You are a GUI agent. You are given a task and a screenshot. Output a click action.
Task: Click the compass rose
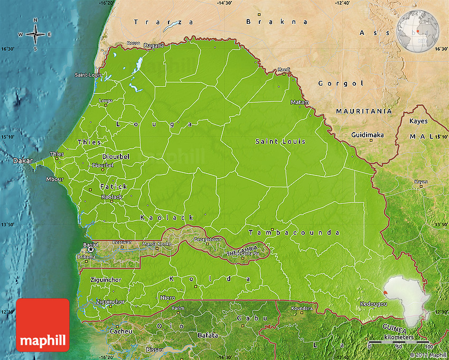tap(35, 34)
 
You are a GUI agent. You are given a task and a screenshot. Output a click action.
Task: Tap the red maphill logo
tap(43, 325)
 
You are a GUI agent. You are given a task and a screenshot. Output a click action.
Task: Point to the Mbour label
tap(54, 179)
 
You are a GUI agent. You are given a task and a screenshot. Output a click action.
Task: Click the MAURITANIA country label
tap(364, 112)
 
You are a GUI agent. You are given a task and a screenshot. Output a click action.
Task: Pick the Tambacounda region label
tap(294, 232)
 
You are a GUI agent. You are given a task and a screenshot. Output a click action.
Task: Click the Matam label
tap(300, 102)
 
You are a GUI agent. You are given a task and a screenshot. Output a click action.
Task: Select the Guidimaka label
tap(368, 135)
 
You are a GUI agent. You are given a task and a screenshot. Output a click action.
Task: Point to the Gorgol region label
tap(341, 84)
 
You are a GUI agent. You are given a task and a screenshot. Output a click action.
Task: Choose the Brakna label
tap(277, 22)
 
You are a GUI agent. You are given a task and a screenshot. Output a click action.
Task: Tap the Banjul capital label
tap(91, 245)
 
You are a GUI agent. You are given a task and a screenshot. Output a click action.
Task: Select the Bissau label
tap(140, 350)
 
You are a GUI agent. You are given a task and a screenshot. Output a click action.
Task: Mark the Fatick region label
tap(114, 187)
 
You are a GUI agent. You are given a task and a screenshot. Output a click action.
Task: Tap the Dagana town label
tap(154, 45)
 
